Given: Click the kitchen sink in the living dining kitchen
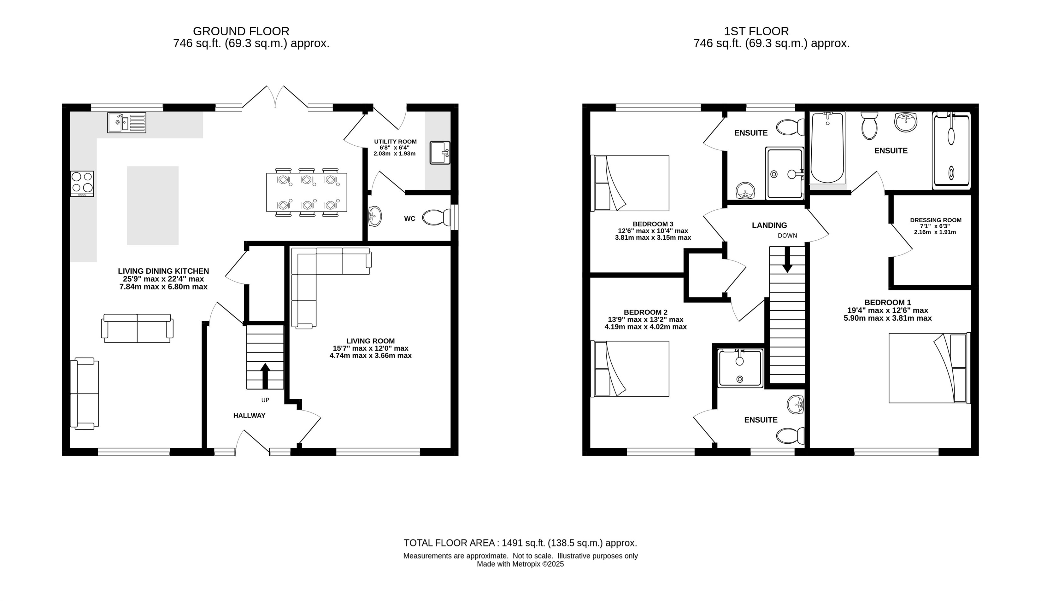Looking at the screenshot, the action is (x=127, y=123).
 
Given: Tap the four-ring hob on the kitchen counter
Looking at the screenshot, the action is (x=82, y=184).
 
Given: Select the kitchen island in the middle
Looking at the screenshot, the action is (x=153, y=206).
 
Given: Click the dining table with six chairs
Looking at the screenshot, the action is (x=307, y=192).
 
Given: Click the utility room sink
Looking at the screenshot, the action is (x=440, y=153).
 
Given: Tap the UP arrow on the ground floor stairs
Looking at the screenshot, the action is (x=265, y=376).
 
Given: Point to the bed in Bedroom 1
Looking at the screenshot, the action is (x=929, y=368).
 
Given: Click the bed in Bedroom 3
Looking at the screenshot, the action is (x=630, y=183).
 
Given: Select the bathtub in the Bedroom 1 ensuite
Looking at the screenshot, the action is (x=827, y=148).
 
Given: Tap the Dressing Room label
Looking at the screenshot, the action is (x=936, y=220).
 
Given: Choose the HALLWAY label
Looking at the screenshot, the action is (x=250, y=416).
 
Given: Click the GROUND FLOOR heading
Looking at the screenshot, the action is (x=241, y=31).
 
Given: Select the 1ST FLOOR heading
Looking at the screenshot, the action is (x=756, y=31).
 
